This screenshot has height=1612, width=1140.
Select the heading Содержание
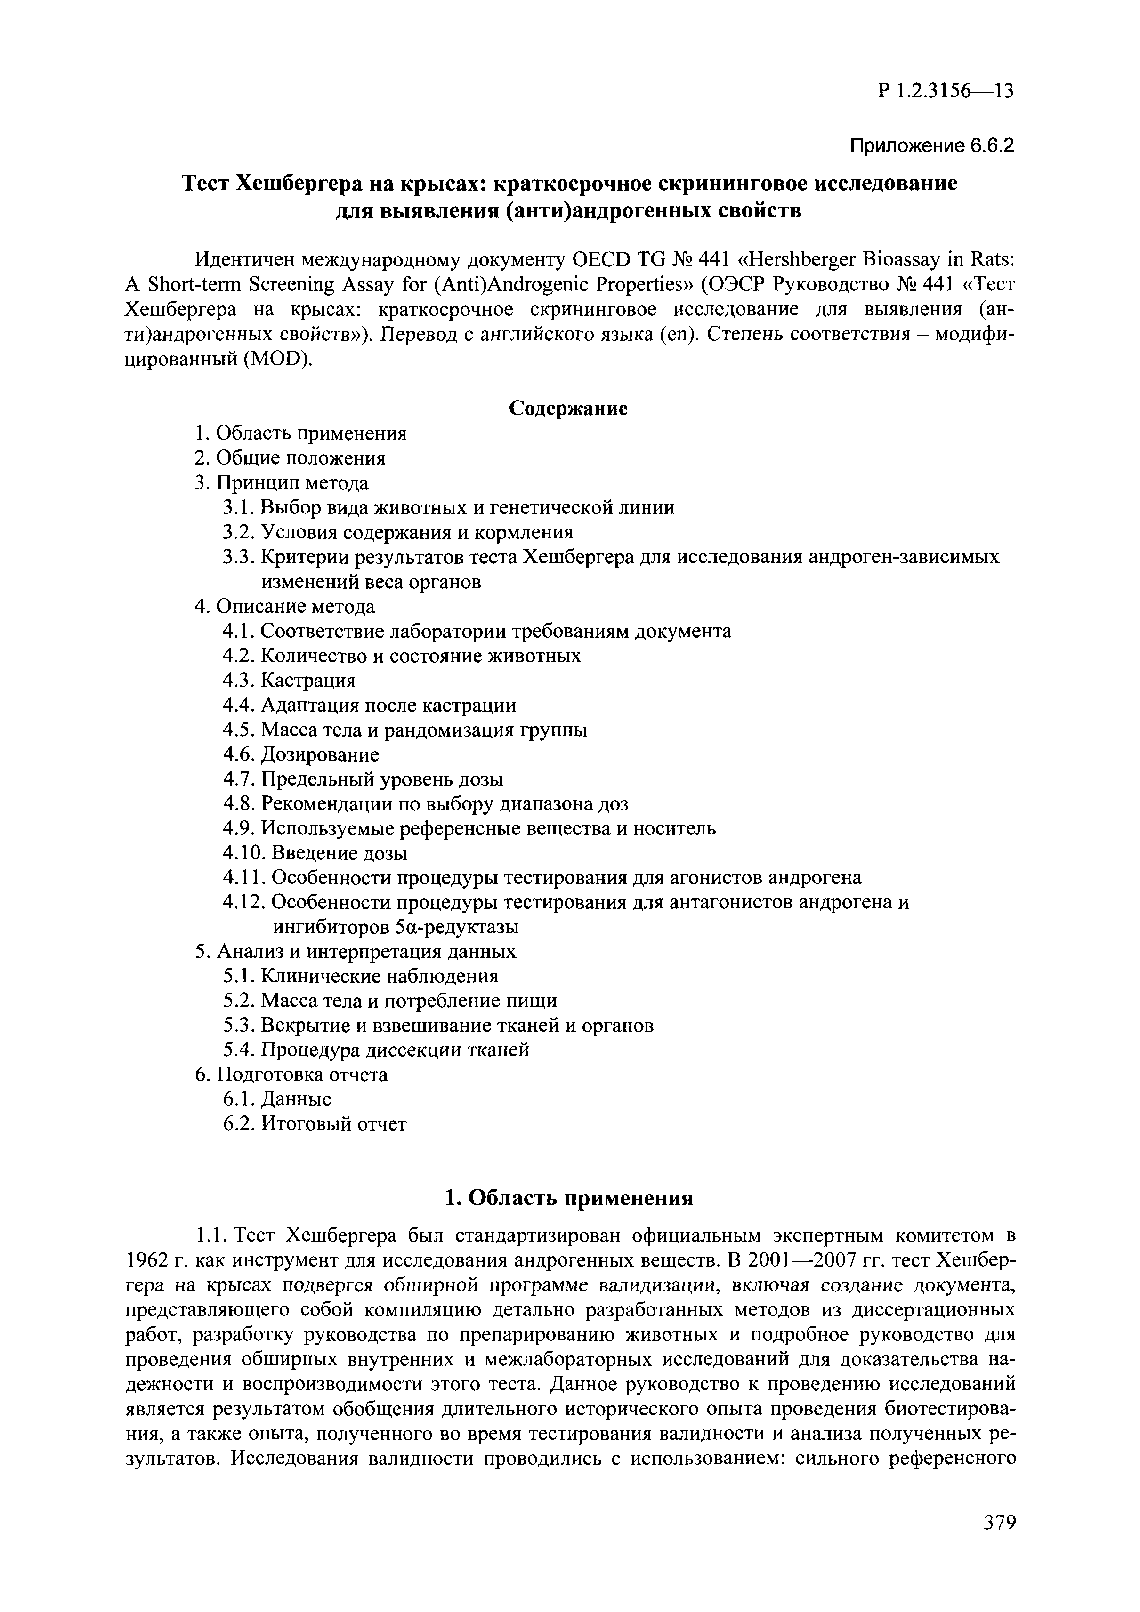point(567,408)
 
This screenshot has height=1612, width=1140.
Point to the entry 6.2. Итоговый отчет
point(314,1124)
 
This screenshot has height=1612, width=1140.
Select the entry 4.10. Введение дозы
point(315,853)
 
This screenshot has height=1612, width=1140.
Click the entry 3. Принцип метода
point(281,483)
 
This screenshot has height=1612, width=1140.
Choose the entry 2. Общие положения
point(290,458)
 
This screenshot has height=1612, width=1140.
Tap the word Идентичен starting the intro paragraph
point(243,260)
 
